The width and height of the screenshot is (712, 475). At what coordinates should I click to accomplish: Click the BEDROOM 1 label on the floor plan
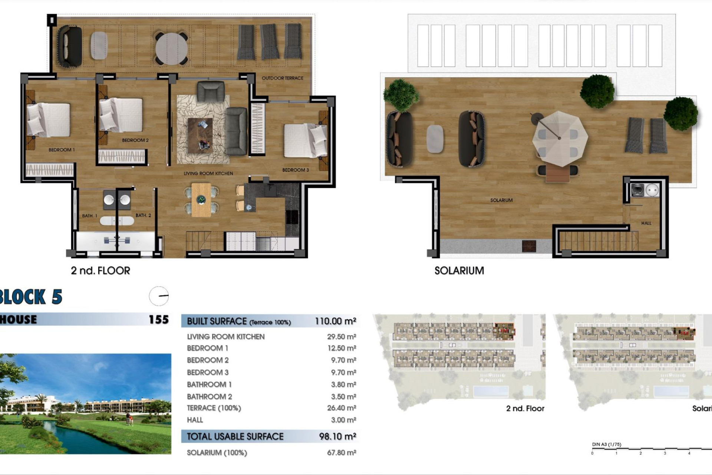(x=62, y=150)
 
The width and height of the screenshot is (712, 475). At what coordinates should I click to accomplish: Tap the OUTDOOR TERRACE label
(x=282, y=78)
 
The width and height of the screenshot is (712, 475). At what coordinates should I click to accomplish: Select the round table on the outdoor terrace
(x=171, y=49)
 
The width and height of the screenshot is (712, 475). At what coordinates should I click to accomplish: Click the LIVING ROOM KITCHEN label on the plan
(x=208, y=173)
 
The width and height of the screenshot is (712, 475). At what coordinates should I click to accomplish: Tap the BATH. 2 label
(x=143, y=215)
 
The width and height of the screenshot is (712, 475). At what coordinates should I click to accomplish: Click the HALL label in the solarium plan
(x=646, y=223)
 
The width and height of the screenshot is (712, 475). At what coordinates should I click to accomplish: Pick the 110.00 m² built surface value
(x=335, y=321)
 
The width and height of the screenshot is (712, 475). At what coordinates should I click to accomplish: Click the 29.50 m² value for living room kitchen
(x=341, y=337)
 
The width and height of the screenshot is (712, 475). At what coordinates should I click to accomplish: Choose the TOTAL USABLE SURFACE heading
(x=235, y=436)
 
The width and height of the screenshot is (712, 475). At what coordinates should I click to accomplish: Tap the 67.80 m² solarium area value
(x=341, y=453)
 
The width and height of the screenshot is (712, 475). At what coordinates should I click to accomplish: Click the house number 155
(x=159, y=320)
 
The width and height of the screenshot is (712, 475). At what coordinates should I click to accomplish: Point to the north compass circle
(x=159, y=296)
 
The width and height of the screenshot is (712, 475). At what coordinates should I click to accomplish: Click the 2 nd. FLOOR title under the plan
(x=100, y=271)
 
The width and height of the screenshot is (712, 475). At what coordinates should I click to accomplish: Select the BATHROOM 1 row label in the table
(x=209, y=384)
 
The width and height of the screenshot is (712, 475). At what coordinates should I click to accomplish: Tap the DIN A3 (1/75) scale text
(x=606, y=444)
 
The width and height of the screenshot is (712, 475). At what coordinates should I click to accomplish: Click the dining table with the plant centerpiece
(x=201, y=200)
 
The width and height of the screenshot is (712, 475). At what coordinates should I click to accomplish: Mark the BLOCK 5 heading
(x=31, y=297)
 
